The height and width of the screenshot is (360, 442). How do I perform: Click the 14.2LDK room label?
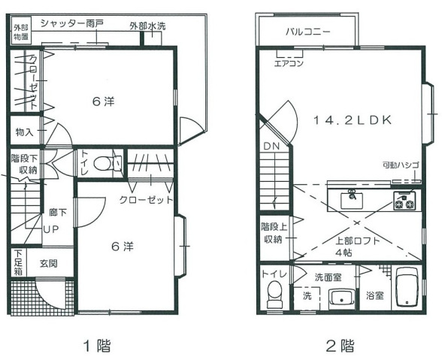click(353, 120)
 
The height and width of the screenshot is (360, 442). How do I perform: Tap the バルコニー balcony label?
click(308, 32)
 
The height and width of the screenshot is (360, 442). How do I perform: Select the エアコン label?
click(289, 63)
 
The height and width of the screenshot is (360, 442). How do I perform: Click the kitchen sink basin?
click(352, 200)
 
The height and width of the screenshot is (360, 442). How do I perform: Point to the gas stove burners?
click(404, 201)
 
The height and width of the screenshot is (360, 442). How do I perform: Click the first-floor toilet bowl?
click(101, 164)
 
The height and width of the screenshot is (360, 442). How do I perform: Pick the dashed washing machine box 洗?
click(307, 298)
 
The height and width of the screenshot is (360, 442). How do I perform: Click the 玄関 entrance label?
click(48, 264)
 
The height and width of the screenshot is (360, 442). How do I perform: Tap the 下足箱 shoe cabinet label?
click(19, 262)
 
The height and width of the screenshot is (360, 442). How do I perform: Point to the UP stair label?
click(51, 229)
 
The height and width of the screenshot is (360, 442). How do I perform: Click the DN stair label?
click(271, 146)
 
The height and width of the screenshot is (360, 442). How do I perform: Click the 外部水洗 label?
click(147, 26)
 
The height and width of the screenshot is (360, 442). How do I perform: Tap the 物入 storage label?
click(25, 132)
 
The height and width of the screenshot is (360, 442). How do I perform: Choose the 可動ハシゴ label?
click(400, 165)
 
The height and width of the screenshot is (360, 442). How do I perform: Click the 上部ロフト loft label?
click(358, 241)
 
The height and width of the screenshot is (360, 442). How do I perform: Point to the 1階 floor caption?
click(98, 346)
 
